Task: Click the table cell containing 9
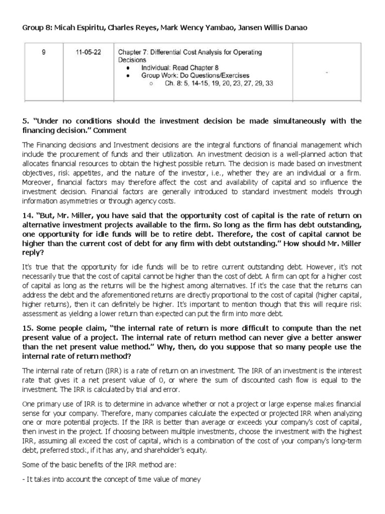click(x=44, y=52)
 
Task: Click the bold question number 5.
click(x=25, y=121)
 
